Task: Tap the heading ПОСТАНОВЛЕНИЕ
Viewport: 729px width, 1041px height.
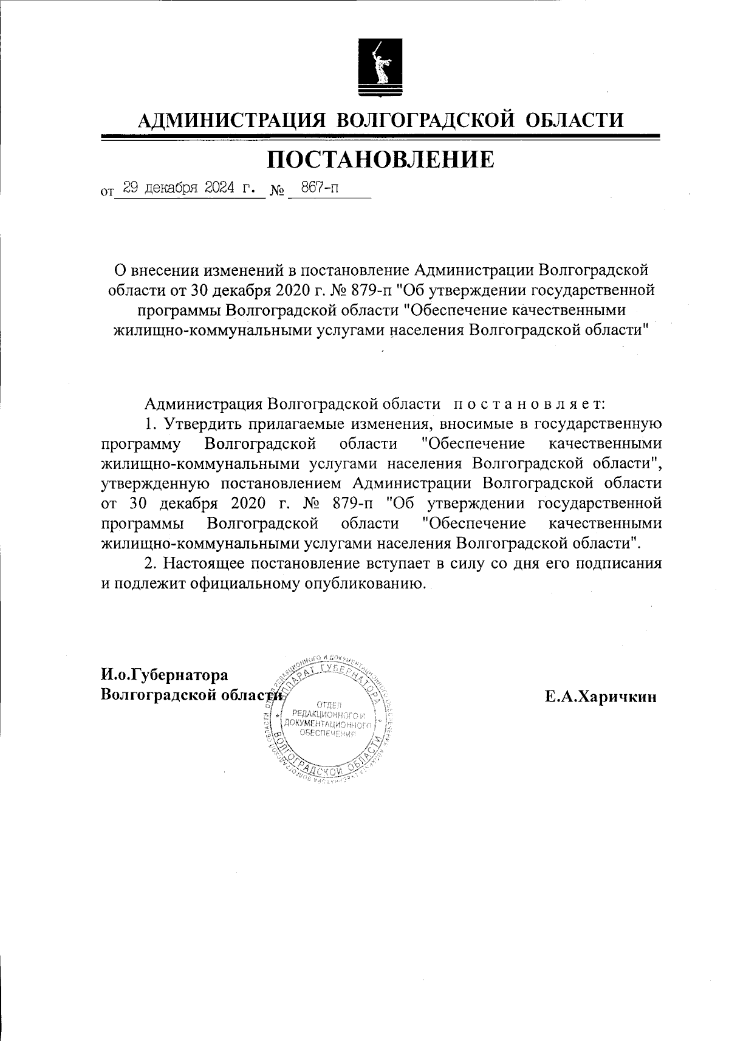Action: point(381,159)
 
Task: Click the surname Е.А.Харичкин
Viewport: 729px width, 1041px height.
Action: point(600,697)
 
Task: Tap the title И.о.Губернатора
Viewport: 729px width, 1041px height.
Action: point(165,674)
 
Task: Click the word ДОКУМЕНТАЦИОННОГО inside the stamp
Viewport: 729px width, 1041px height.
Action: point(332,724)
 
